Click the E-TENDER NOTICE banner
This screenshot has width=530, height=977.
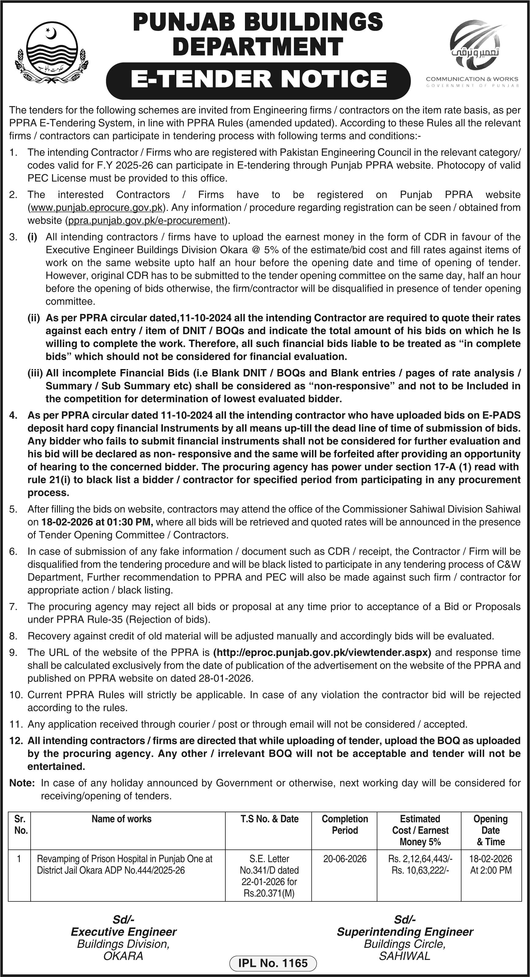[x=258, y=79]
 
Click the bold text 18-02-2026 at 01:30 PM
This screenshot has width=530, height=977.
[x=97, y=522]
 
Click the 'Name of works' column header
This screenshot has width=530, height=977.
[x=121, y=819]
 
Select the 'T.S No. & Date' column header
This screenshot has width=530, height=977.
[x=269, y=819]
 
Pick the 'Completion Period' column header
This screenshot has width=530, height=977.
[x=345, y=824]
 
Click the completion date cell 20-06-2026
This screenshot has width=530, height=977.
[x=345, y=859]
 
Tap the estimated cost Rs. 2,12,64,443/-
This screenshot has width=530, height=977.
[x=420, y=859]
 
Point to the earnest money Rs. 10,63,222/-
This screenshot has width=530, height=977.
[x=420, y=870]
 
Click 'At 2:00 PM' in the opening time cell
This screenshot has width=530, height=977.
[x=491, y=870]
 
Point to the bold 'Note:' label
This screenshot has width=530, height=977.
[x=22, y=783]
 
